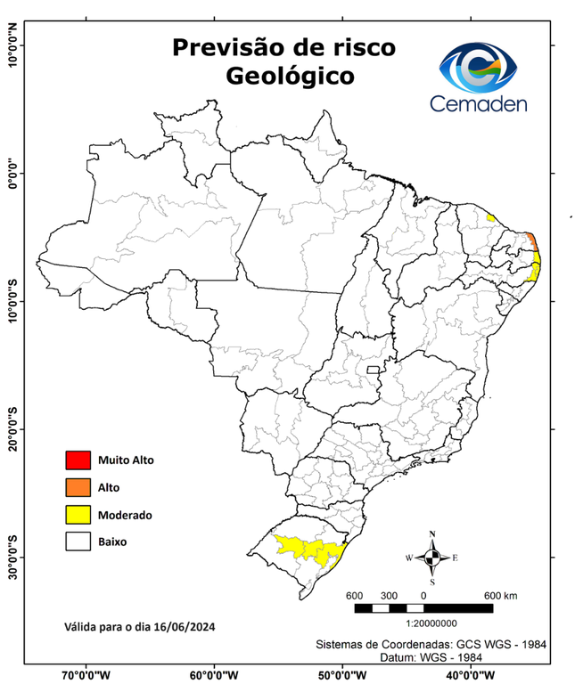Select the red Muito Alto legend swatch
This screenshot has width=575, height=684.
(x=78, y=460)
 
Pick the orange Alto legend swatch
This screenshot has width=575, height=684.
(x=78, y=487)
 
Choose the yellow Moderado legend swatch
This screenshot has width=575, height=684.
(x=78, y=514)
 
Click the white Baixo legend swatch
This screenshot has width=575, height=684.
(x=78, y=541)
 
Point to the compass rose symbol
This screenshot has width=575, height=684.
(x=432, y=558)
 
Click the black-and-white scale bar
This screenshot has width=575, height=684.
(x=423, y=607)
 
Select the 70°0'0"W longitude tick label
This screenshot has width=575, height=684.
(x=86, y=675)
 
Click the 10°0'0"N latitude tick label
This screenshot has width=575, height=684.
(x=12, y=45)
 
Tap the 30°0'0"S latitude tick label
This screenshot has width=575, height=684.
(x=12, y=557)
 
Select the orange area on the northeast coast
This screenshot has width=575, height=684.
(x=531, y=240)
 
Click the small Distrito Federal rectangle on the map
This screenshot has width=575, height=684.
(x=372, y=368)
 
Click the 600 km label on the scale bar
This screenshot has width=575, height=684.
(x=499, y=595)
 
